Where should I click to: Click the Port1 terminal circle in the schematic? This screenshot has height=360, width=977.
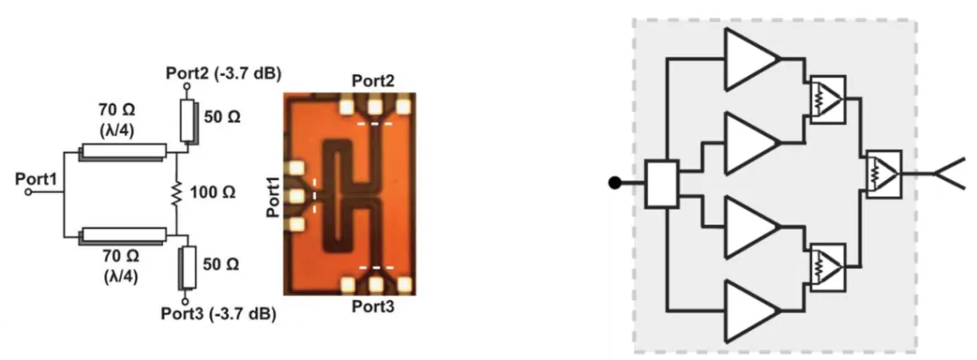point(29,193)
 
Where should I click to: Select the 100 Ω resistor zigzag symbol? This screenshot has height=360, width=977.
point(176,193)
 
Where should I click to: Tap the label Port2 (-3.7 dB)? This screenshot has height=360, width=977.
point(223,73)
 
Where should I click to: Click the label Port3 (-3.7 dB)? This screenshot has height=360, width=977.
point(219,313)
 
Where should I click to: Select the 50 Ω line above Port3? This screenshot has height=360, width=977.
point(188,268)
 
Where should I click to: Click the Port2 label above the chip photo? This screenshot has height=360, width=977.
point(374,81)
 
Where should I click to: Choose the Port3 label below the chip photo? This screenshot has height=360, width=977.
point(373,307)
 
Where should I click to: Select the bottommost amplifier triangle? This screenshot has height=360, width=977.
point(753,310)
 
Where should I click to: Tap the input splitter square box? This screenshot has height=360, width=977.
point(661,184)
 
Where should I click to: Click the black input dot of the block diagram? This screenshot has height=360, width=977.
point(615,183)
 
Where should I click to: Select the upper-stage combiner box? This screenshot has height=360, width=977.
point(828,99)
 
